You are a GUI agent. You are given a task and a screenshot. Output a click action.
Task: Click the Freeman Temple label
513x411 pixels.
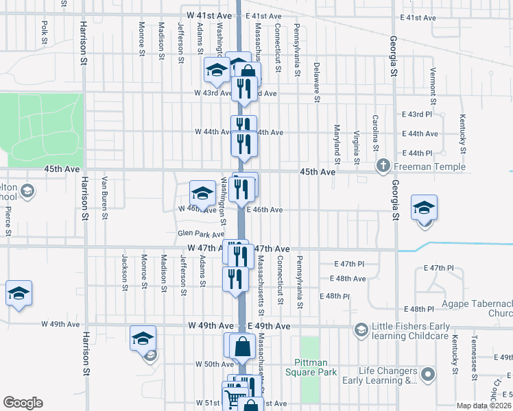pyautogui.click(x=429, y=166)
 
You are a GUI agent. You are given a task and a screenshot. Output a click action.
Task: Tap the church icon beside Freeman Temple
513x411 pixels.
pyautogui.click(x=383, y=166)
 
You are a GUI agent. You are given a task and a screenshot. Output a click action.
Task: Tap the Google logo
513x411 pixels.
pyautogui.click(x=23, y=403)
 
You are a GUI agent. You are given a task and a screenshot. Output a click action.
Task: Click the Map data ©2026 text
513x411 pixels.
pyautogui.click(x=483, y=406)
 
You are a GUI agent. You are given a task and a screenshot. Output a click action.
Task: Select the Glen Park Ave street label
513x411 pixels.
pyautogui.click(x=201, y=234)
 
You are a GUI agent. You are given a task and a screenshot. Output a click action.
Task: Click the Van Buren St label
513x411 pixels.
pyautogui.click(x=104, y=198)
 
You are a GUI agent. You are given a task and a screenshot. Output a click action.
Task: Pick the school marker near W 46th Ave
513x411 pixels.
pyautogui.click(x=202, y=192)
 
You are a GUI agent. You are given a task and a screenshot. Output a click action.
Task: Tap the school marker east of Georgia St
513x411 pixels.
pyautogui.click(x=424, y=207)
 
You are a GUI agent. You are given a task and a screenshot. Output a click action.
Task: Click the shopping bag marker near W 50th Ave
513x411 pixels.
pyautogui.click(x=243, y=347)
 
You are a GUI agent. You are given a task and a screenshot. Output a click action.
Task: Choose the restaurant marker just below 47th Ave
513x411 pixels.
pyautogui.click(x=235, y=278)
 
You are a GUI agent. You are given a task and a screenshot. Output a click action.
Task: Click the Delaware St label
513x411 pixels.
pyautogui.click(x=317, y=82)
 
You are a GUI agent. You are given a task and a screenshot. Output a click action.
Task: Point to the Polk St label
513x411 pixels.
pyautogui.click(x=44, y=33)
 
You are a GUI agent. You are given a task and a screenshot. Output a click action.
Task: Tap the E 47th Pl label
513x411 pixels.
pyautogui.click(x=349, y=264)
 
